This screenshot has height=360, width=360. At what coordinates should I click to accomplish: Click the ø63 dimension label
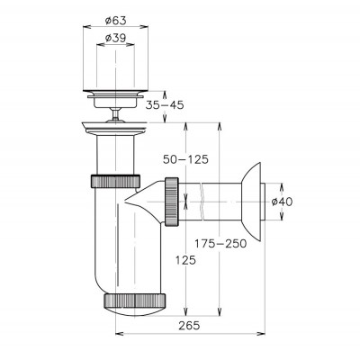point(115,21)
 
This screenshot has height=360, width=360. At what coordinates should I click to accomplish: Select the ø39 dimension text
point(115,38)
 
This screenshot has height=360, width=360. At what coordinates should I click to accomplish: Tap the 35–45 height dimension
point(165,105)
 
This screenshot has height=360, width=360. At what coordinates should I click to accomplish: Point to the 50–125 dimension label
point(185,159)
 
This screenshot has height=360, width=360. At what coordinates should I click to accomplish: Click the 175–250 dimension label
point(220,243)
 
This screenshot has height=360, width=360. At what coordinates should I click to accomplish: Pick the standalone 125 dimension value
point(185,260)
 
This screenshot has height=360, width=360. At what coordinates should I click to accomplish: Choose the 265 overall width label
point(189,326)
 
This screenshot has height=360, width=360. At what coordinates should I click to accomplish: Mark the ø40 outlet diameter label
point(282,202)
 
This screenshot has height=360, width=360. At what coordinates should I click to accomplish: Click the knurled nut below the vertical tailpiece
point(115,181)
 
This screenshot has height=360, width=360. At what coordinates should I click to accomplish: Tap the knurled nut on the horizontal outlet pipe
point(172,202)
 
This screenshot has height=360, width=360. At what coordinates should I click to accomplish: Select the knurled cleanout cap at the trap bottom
point(135,300)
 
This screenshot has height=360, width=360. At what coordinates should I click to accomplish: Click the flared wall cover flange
point(251,202)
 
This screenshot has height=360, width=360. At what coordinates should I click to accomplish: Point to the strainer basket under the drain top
point(115,102)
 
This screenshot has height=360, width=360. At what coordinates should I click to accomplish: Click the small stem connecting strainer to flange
point(115,114)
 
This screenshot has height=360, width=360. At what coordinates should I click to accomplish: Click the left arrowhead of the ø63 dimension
point(86,27)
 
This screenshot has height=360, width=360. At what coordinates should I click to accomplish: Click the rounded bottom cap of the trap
point(135,311)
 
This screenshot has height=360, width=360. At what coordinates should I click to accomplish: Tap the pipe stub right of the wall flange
point(263,202)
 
